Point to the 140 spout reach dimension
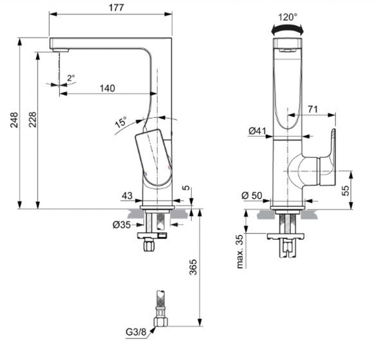107,88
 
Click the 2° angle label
71,78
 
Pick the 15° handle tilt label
121,122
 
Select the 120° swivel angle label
287,17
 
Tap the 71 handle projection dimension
312,109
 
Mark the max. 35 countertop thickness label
240,251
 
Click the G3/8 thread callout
135,332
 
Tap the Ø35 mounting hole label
121,225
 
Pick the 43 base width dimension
127,196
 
